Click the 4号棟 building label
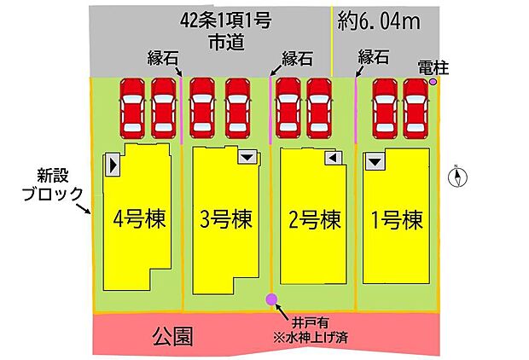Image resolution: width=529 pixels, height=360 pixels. point(139,219)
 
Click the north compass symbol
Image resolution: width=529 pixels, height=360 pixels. point(460,177)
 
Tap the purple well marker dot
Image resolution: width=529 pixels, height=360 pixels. point(271,299)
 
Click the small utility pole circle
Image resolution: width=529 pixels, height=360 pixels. point(433,82)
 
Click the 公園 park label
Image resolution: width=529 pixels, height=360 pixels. point(172,334)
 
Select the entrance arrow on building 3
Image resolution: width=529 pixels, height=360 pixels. point(247,157)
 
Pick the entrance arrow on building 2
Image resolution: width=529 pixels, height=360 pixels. point(334,158)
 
